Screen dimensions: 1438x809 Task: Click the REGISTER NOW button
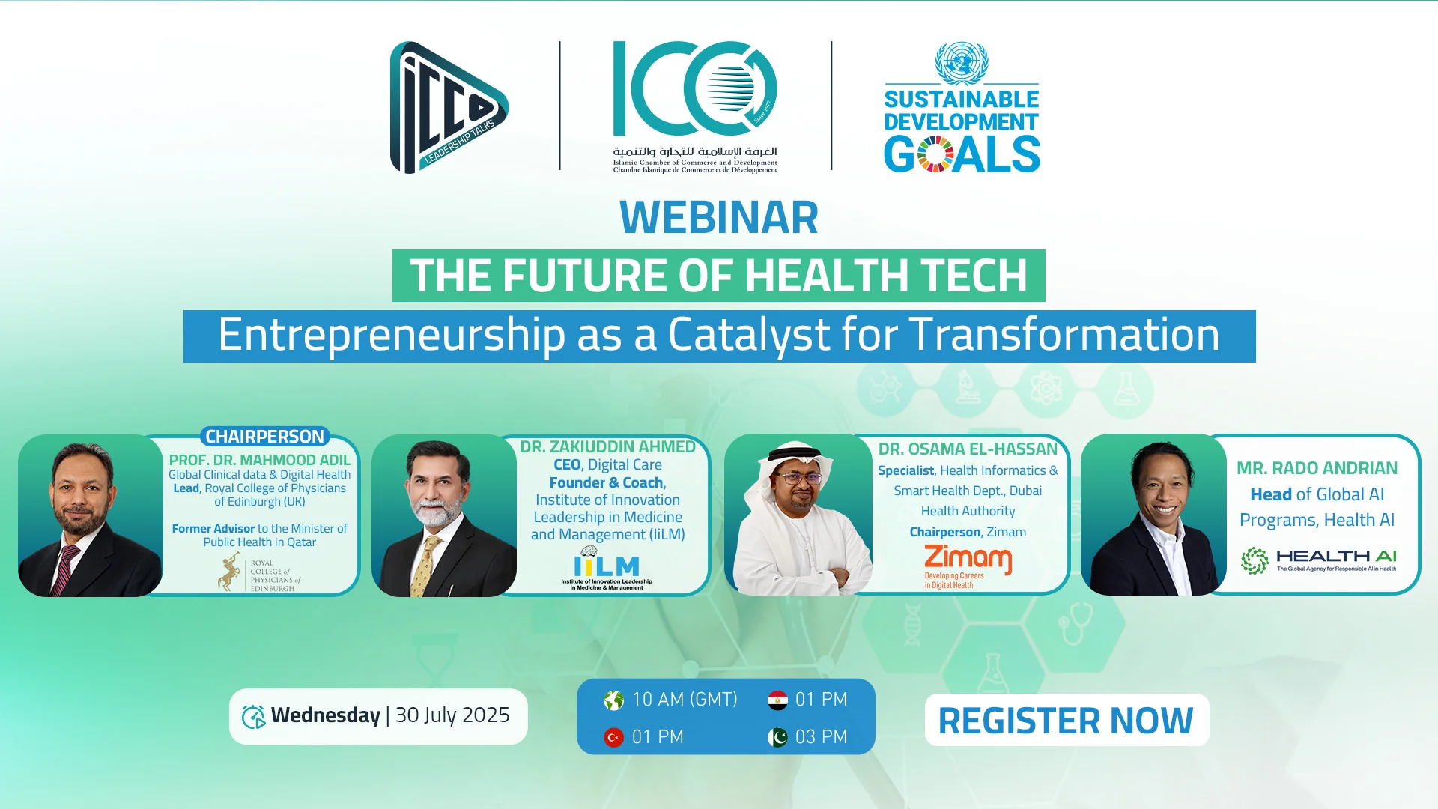pos(1067,720)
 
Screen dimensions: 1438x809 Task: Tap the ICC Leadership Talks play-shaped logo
pos(449,107)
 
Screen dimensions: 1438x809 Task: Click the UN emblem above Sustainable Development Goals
pos(962,63)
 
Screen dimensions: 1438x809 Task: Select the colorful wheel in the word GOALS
pos(935,154)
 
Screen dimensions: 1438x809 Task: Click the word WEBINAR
pos(719,217)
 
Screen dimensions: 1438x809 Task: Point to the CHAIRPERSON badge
pos(264,437)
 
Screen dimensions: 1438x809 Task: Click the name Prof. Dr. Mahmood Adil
pos(259,460)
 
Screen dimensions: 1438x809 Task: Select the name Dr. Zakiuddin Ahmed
pos(608,447)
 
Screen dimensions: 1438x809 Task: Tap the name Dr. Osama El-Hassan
pos(968,449)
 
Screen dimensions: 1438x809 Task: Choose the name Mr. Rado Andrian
pos(1317,468)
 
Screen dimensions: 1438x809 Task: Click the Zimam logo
pos(968,566)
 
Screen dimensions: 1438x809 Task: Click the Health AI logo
pos(1318,560)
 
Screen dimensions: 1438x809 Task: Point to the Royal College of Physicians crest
pos(229,572)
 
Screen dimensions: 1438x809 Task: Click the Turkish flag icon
pos(613,737)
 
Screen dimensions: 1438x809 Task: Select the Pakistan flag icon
pos(777,737)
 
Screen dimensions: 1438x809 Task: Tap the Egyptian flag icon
pos(777,700)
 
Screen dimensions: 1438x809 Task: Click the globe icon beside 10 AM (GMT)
pos(613,700)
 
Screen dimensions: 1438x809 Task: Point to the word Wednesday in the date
pos(326,715)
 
